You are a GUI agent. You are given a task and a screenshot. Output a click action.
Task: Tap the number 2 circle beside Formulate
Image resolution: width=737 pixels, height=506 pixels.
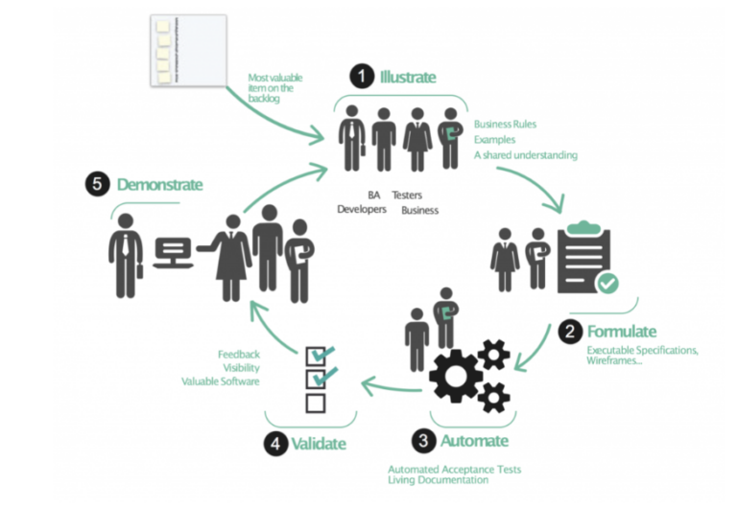point(570,333)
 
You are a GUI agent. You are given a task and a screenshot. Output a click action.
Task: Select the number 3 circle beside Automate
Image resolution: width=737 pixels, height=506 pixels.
point(423,441)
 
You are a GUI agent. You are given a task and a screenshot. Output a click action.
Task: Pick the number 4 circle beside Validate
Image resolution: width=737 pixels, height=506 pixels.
point(273,444)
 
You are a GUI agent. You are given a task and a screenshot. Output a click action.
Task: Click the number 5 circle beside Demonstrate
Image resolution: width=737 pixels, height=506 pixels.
point(98,184)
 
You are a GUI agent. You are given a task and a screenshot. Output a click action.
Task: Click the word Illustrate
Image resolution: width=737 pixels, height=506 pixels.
point(408,76)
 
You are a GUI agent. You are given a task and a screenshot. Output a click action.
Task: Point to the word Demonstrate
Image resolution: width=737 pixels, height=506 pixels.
point(159,184)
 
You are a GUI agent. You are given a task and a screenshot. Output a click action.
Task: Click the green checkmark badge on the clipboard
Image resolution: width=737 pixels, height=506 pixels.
point(607,283)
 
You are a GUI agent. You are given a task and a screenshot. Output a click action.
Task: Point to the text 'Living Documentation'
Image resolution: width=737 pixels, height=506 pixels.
point(440,480)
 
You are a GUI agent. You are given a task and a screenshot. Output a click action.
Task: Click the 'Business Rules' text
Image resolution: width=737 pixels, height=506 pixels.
point(505,125)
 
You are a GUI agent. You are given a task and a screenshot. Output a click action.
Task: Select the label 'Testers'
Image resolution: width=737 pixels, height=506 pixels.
point(407,195)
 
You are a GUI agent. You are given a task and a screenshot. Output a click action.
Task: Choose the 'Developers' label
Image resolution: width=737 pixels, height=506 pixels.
point(362,209)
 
